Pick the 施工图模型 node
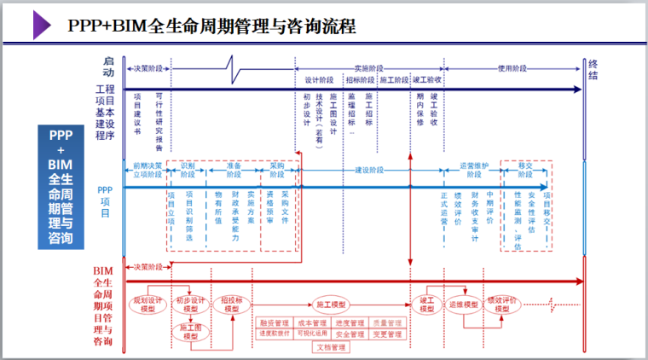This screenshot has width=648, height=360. (x=189, y=332)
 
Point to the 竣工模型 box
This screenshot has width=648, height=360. (x=427, y=305)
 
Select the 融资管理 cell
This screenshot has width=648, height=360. (x=275, y=323)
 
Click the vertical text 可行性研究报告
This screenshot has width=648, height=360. (x=159, y=119)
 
